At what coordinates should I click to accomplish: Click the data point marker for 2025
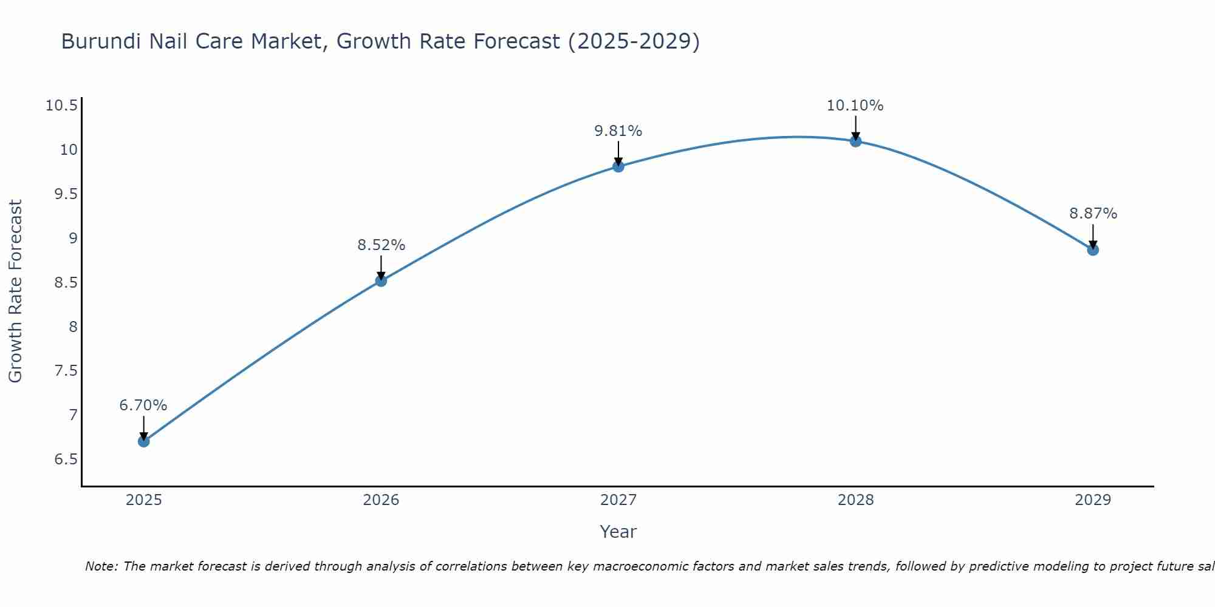144,441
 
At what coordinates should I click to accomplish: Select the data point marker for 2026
381,280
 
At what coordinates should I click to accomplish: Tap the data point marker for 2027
618,166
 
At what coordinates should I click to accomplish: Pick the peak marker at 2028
855,141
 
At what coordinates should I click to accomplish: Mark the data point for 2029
1093,249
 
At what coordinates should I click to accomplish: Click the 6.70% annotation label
143,405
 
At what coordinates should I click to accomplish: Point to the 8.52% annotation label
381,245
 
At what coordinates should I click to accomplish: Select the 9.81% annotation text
618,131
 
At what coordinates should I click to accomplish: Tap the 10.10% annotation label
855,106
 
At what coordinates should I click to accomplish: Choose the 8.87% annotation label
1093,214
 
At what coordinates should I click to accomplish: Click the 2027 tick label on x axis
618,500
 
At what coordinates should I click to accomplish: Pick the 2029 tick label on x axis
1093,500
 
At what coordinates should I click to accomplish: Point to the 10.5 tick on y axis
62,106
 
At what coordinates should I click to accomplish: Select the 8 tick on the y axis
74,327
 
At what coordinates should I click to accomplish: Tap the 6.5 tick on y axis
66,459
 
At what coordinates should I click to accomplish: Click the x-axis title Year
618,532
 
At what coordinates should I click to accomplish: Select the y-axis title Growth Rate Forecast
15,291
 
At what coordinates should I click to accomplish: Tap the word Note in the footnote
101,566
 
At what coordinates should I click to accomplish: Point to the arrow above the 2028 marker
855,127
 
